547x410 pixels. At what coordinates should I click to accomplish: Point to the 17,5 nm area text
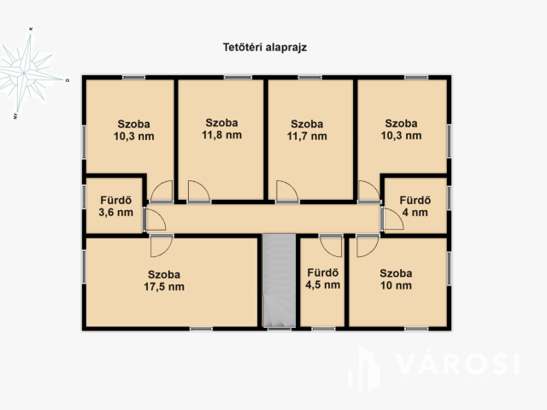166,287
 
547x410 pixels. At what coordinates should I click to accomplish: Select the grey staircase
278,281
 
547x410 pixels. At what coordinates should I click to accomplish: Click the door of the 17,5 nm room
161,246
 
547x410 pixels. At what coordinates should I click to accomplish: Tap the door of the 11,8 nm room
198,191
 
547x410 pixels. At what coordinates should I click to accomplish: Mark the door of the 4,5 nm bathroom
330,246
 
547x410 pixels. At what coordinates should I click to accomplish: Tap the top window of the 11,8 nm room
233,78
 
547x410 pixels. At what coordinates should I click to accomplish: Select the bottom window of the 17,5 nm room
201,328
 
